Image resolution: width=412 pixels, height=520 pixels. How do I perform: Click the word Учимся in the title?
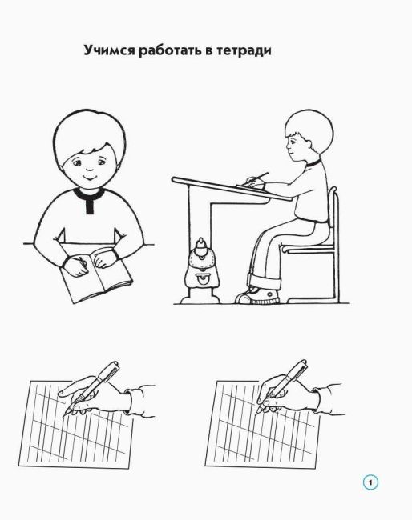pos(109,50)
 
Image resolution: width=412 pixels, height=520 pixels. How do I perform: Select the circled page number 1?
pos(370,482)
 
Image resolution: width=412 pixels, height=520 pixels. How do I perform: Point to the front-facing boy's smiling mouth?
pos(88,177)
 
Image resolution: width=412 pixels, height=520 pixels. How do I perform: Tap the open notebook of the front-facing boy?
pos(96,276)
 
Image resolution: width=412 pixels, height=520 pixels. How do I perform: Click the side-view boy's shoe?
pos(257,295)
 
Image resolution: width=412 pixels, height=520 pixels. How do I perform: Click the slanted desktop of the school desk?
pos(232,189)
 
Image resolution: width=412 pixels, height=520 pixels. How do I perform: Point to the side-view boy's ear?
pos(309,143)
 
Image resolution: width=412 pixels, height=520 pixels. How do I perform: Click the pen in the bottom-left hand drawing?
pos(92,387)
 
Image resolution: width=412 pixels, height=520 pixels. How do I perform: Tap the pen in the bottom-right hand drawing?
pos(281,386)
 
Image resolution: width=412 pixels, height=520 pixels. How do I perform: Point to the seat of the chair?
pos(307,249)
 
